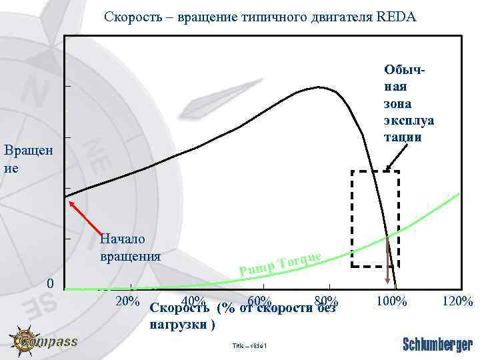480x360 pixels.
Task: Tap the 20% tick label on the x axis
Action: [x=127, y=301]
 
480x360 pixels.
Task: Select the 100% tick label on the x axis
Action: [x=391, y=301]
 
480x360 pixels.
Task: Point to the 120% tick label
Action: [x=457, y=301]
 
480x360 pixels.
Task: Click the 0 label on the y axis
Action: [x=50, y=284]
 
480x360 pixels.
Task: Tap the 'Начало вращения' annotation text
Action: [x=129, y=247]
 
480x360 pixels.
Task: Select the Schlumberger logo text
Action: [x=437, y=344]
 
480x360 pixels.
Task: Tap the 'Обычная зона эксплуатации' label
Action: [x=408, y=103]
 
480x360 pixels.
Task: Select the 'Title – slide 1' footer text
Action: [x=249, y=345]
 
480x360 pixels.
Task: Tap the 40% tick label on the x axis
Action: [x=193, y=301]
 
